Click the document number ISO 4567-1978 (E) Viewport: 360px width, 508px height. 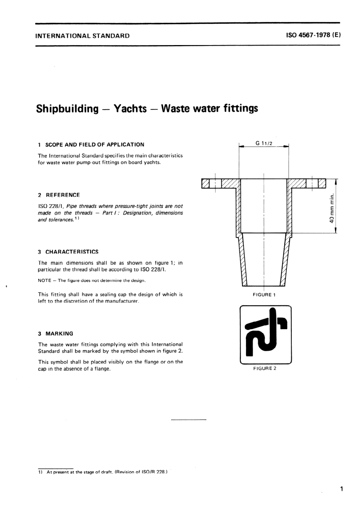314,36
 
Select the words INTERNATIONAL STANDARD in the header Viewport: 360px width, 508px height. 82,36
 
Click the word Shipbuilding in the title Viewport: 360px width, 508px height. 67,109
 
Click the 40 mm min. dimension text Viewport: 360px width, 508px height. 332,208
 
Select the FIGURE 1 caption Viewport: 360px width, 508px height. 264,295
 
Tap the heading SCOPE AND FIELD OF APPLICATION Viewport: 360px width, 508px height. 95,144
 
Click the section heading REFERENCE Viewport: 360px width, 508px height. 63,195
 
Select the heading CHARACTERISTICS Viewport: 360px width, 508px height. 72,252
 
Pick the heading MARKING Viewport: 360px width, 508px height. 59,334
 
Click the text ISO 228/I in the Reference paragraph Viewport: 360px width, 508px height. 48,206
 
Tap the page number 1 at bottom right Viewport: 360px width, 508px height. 341,489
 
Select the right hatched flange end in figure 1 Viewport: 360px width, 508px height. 322,183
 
